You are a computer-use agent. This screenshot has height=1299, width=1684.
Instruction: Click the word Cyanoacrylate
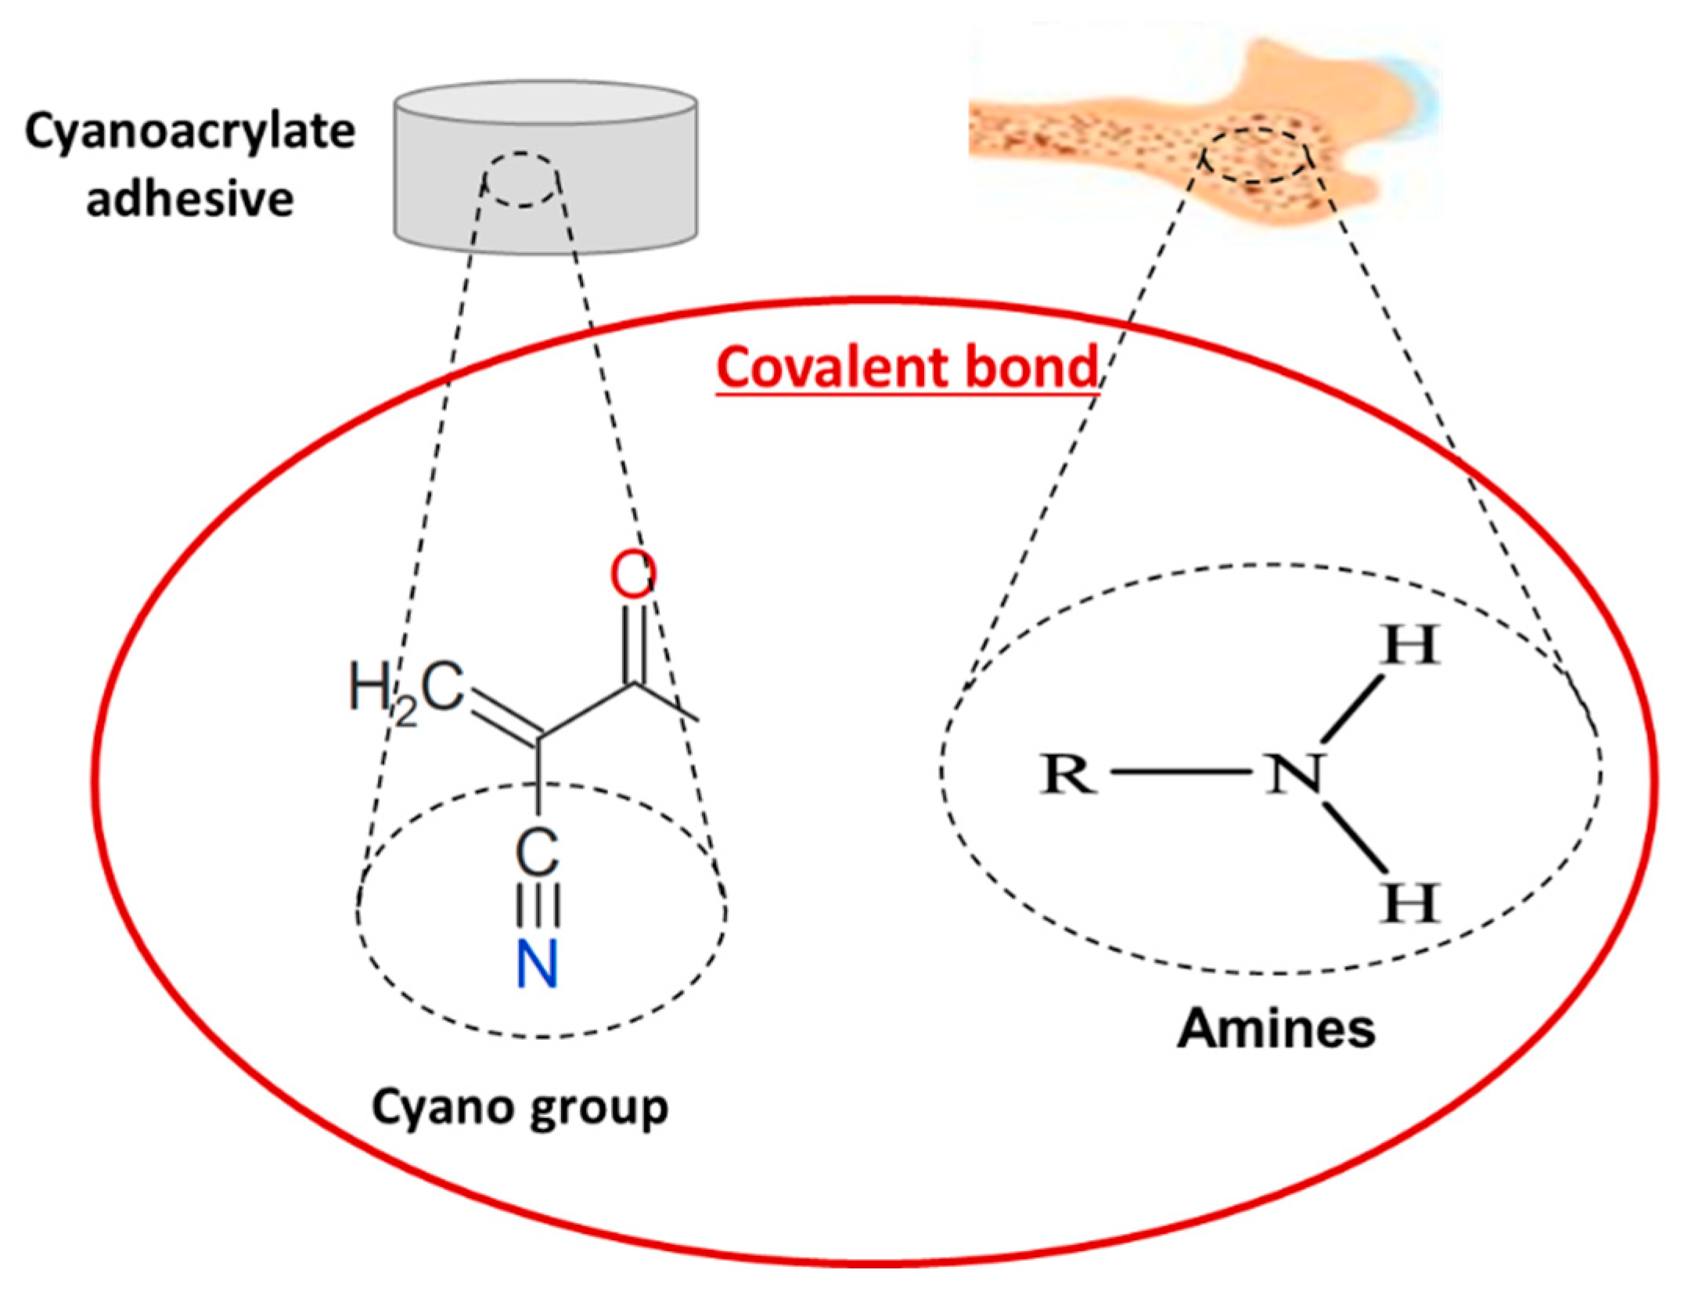tap(190, 132)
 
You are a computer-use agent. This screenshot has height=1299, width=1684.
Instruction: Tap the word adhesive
tap(190, 199)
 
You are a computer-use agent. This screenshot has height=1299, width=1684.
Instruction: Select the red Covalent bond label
tap(907, 367)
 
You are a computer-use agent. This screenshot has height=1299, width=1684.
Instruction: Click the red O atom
tap(632, 576)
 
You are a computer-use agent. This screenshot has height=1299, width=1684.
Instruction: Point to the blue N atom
tap(538, 964)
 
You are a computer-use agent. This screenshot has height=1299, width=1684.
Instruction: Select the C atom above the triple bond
tap(538, 853)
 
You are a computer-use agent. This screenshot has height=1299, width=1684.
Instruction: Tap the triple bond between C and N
tap(538, 908)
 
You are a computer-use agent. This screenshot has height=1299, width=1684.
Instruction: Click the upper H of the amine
tap(1409, 645)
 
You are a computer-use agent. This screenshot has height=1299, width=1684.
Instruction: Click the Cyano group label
tap(520, 1108)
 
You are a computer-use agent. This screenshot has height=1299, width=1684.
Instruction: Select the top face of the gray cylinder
tap(545, 102)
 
